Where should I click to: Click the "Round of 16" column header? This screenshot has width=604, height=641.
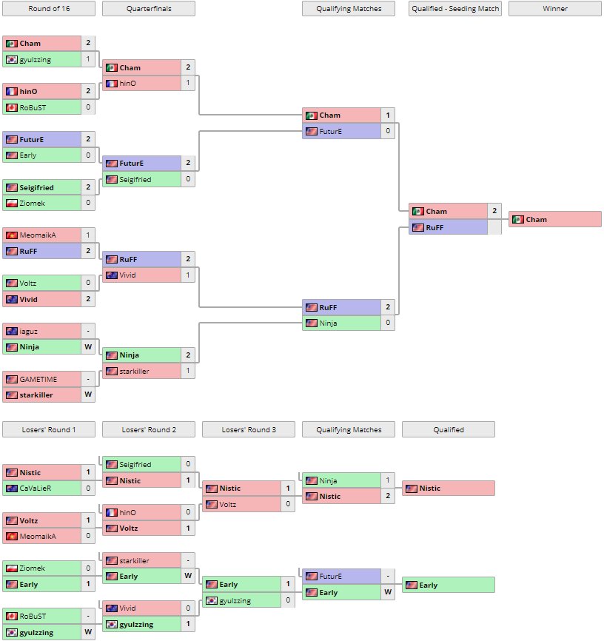(48, 9)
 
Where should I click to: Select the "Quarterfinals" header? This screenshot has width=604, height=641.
(148, 9)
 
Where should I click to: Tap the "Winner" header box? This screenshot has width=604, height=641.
(554, 9)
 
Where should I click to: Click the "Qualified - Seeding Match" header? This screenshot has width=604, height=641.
(455, 9)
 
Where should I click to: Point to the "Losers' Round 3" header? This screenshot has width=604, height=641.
(248, 429)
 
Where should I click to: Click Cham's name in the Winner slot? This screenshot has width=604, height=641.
(537, 219)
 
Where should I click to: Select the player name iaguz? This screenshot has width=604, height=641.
(29, 331)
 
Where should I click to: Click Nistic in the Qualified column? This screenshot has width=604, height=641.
(429, 489)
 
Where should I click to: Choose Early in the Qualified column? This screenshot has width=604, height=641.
(428, 585)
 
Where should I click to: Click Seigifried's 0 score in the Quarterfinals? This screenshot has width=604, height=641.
(188, 179)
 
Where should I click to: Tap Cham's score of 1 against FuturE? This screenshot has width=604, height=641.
(388, 115)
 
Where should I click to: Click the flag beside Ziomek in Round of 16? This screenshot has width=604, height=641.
(11, 204)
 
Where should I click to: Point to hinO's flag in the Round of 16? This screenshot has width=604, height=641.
(11, 91)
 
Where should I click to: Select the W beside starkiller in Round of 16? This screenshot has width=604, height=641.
(88, 395)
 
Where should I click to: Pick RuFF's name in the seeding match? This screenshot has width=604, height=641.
(434, 227)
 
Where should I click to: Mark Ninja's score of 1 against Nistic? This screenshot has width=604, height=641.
(388, 480)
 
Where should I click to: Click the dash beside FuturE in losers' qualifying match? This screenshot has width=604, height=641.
(388, 577)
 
